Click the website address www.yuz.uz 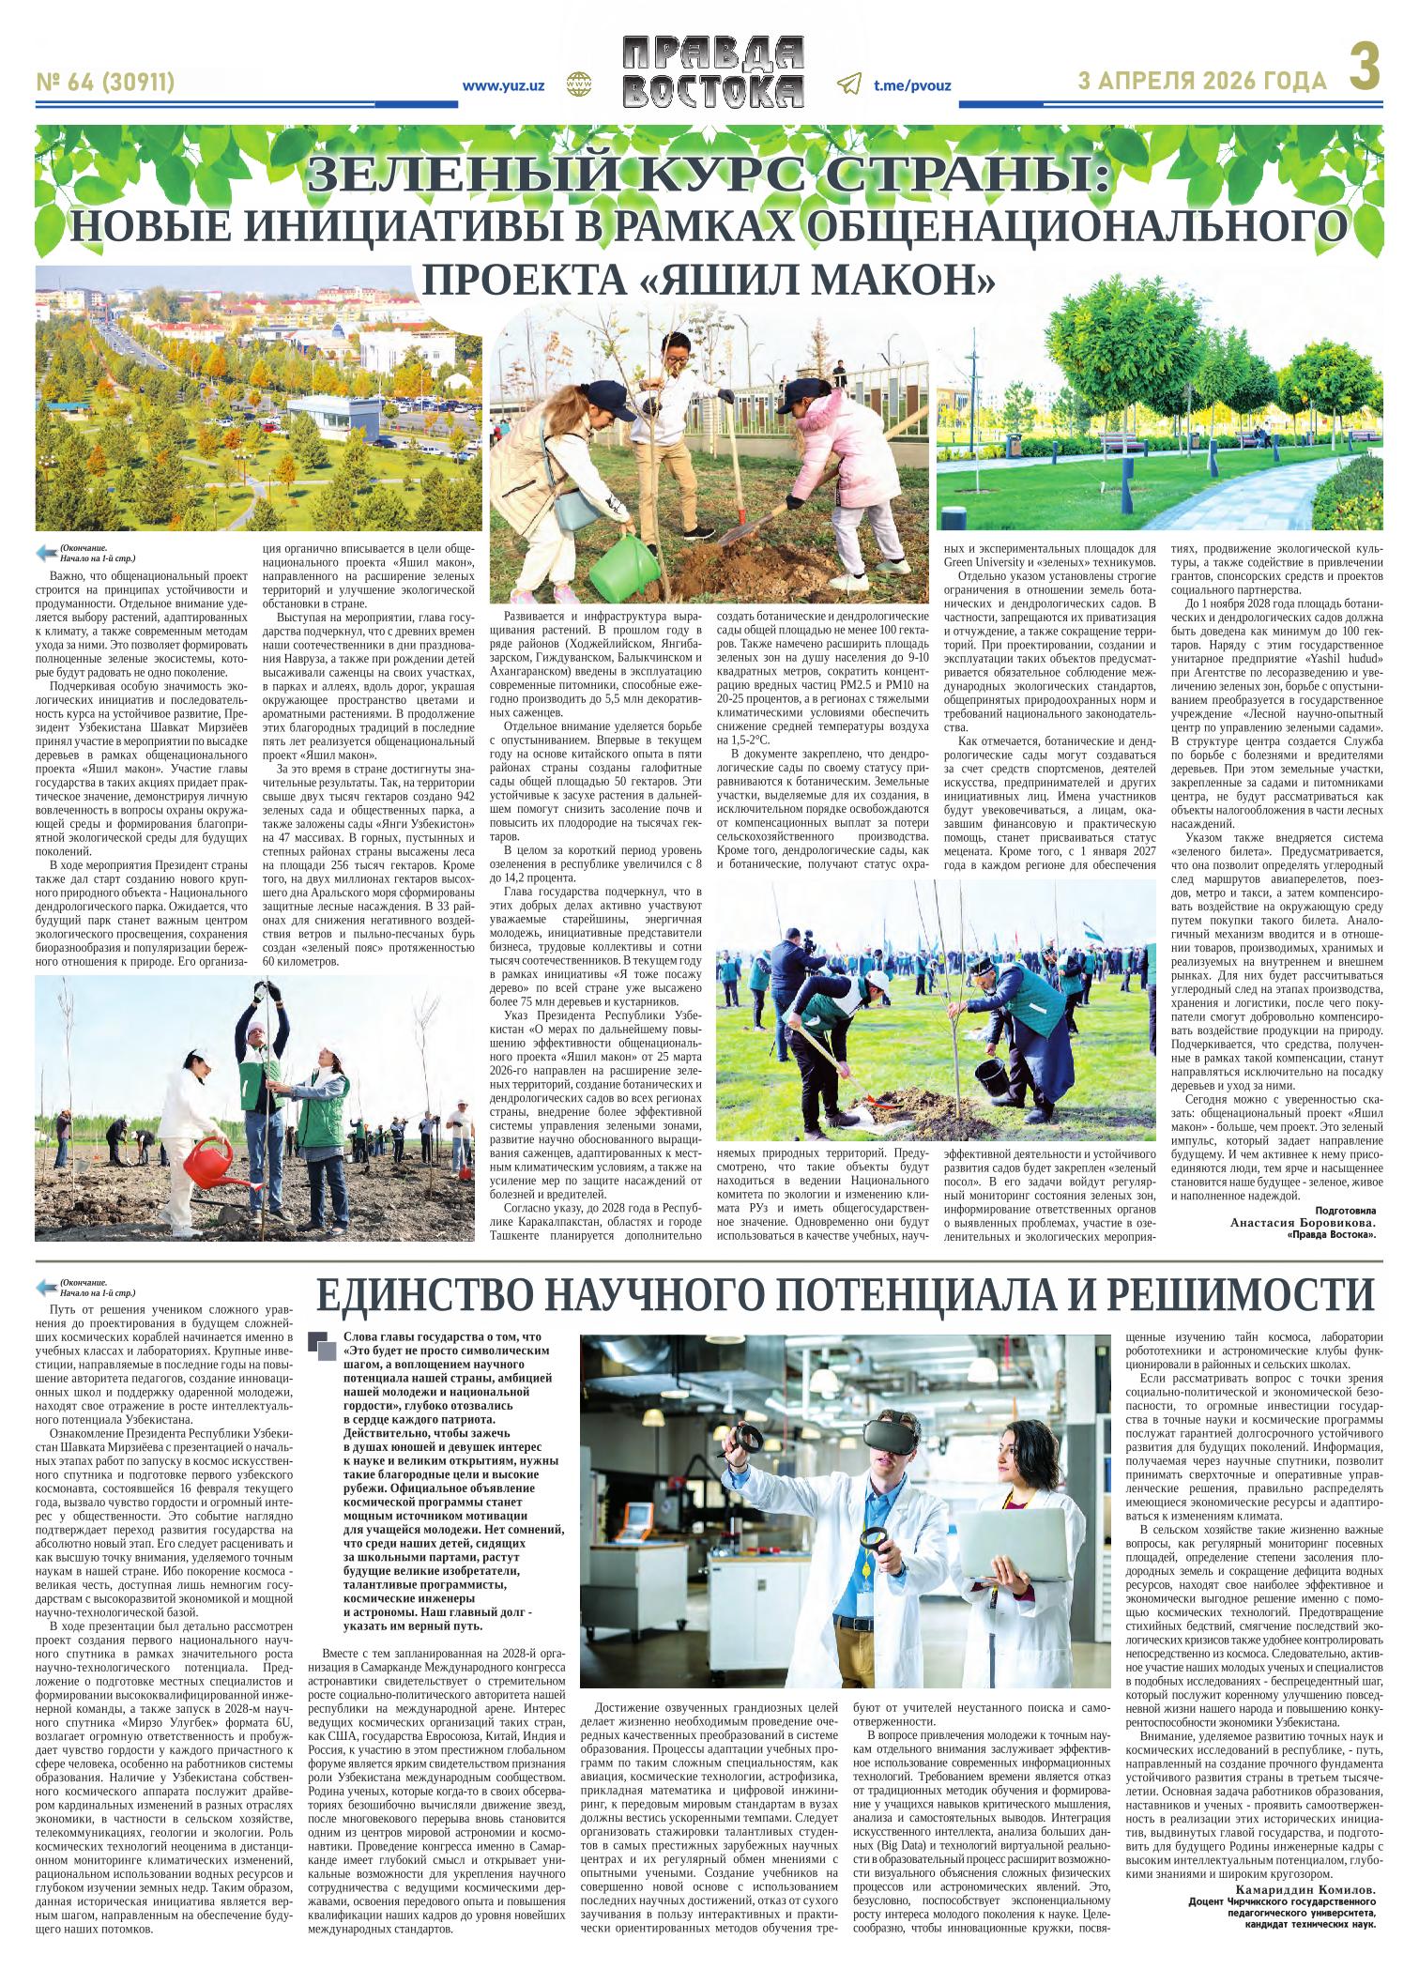point(504,85)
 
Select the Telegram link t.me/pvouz point(911,85)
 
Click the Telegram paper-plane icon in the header point(848,84)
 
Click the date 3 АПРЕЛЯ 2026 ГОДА point(1203,83)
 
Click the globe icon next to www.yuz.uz point(574,84)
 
